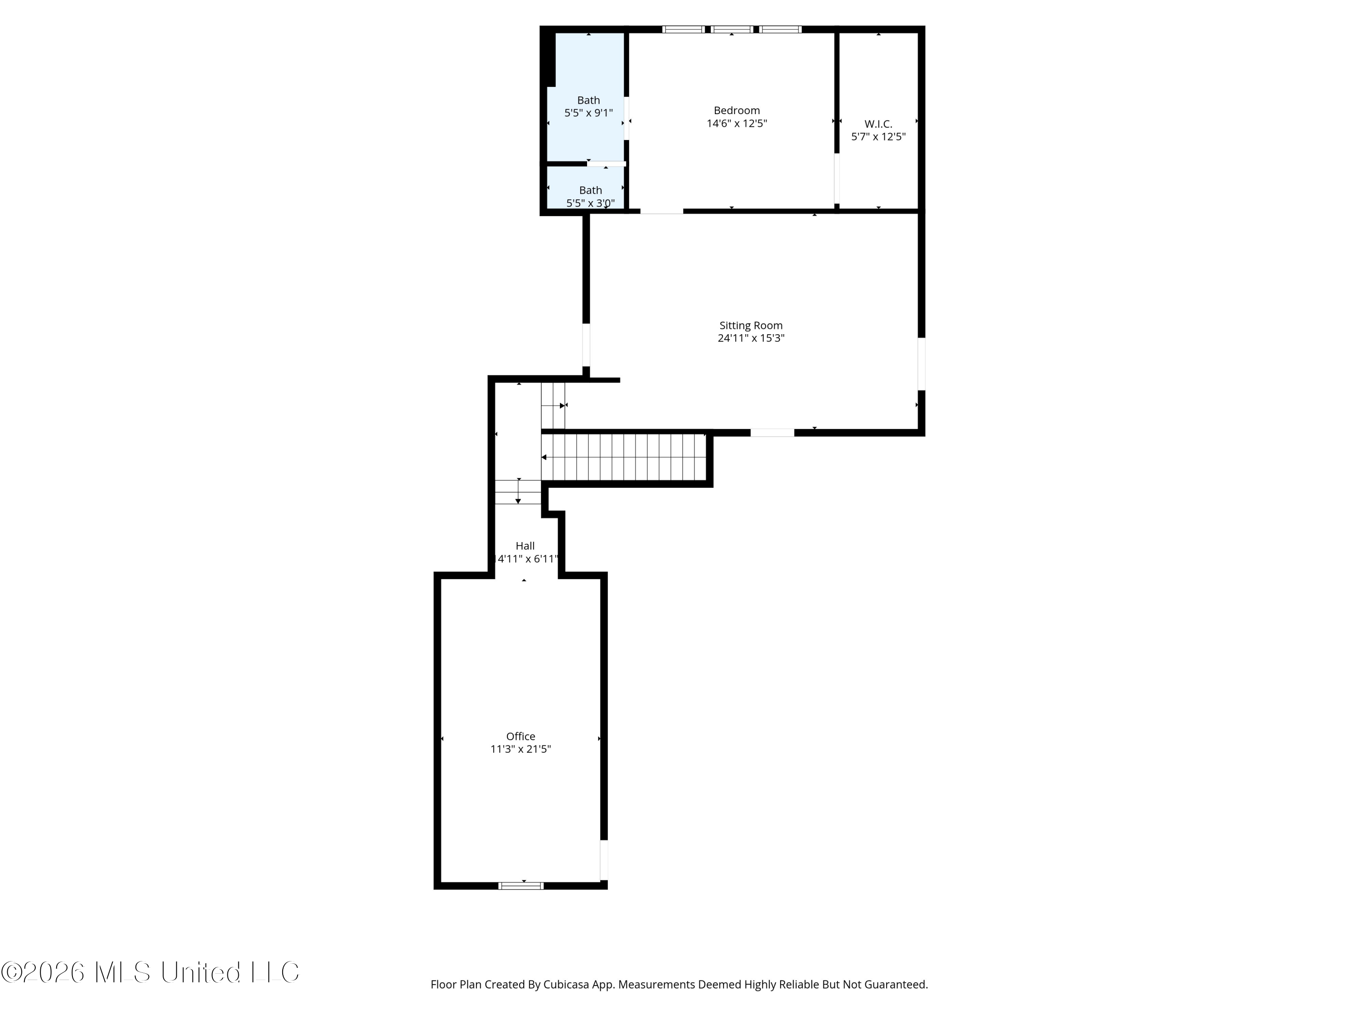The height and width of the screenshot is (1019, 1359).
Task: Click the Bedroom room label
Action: (737, 111)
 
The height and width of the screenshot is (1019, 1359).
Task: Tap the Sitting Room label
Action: (751, 326)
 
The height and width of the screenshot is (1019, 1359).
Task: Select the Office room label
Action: (520, 736)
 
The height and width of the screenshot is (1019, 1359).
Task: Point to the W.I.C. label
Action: (878, 124)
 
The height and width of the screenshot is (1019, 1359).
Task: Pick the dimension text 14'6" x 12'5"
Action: (737, 124)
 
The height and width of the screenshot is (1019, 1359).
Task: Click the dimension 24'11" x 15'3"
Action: (751, 338)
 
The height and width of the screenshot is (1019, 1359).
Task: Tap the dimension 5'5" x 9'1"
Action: (588, 113)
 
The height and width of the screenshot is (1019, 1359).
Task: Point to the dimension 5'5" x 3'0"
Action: (590, 203)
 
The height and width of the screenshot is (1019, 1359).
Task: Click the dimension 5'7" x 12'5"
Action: (878, 137)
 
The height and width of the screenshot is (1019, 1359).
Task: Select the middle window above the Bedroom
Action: (731, 29)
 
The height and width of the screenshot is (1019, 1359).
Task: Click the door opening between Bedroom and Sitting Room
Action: (662, 211)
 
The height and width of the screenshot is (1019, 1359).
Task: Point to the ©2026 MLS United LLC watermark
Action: (150, 972)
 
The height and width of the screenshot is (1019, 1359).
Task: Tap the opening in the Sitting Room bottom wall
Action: (772, 433)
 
